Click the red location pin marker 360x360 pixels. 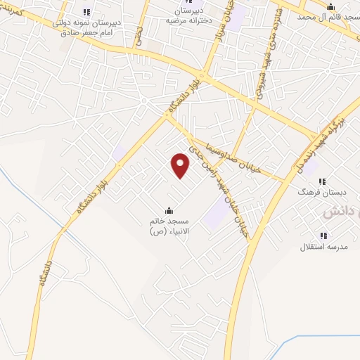click(x=181, y=165)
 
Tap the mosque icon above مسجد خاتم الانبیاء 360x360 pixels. click(x=169, y=210)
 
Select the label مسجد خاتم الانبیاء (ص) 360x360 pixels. click(x=169, y=226)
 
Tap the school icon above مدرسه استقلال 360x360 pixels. click(x=323, y=236)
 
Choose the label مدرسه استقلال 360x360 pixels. click(x=321, y=247)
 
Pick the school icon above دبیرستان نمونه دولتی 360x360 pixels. click(x=86, y=12)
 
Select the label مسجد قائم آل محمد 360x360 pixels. click(x=324, y=15)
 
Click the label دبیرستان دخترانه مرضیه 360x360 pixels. click(x=188, y=16)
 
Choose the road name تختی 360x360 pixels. click(x=140, y=39)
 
